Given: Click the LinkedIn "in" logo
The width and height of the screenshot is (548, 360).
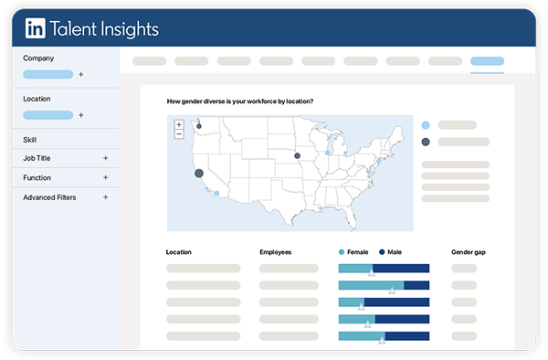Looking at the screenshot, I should click(36, 29).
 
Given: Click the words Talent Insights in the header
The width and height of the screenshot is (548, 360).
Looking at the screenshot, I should click(105, 29).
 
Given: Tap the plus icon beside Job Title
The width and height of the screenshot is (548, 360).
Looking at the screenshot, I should click(105, 158).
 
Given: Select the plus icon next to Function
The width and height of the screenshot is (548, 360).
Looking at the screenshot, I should click(105, 177).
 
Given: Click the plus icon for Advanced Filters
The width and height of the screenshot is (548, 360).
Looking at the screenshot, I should click(105, 196).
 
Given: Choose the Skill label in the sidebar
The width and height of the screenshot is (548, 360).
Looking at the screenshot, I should click(30, 140).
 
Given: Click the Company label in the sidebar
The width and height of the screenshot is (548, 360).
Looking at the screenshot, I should click(38, 58).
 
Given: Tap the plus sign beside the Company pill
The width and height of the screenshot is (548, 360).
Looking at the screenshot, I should click(80, 74).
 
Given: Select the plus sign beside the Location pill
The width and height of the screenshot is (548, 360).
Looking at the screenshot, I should click(80, 115).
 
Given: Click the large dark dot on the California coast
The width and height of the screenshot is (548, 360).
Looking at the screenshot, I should click(199, 172).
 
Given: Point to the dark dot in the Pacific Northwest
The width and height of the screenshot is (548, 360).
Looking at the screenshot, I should click(198, 125).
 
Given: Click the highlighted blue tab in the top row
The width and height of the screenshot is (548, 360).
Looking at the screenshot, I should click(487, 62).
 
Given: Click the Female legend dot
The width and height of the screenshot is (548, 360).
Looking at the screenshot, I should click(342, 251).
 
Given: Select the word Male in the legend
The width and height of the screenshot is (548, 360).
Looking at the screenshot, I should click(394, 251).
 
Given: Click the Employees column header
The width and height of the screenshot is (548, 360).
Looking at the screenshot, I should click(275, 251).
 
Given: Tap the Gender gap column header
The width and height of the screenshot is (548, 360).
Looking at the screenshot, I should click(468, 251).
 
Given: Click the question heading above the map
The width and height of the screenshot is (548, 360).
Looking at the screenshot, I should click(240, 101).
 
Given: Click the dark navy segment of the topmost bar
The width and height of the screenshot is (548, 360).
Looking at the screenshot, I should click(401, 269).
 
